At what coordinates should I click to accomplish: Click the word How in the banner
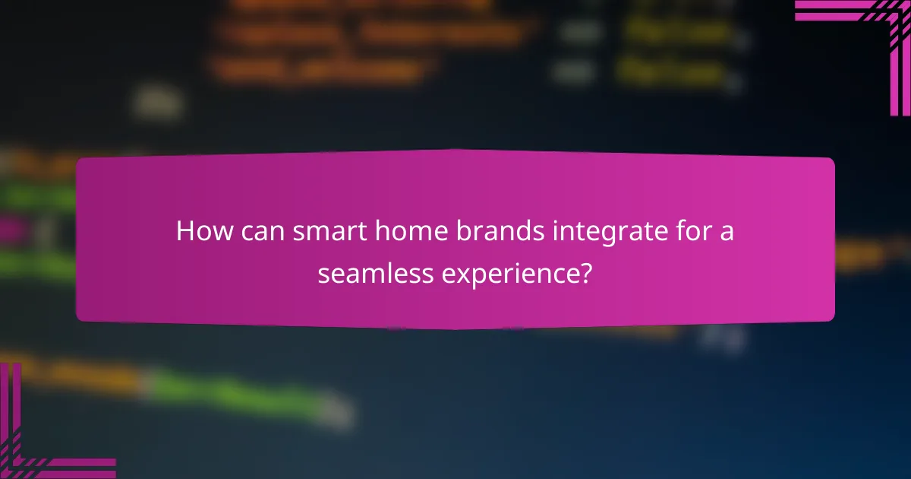tap(200, 231)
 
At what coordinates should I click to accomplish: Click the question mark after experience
tap(585, 272)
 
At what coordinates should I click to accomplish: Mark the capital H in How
tap(184, 231)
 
